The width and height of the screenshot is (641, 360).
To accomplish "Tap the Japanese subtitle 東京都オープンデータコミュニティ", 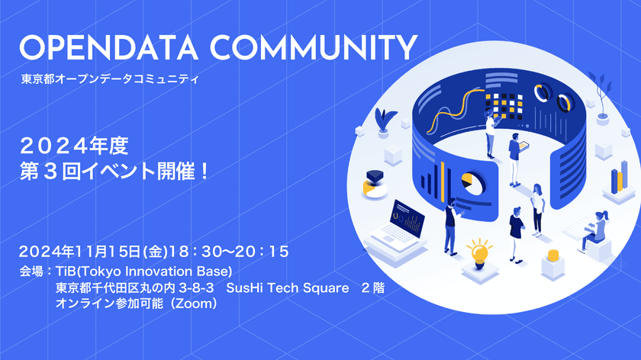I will pyautogui.click(x=110, y=79).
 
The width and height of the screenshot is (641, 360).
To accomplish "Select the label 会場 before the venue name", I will pyautogui.click(x=31, y=271).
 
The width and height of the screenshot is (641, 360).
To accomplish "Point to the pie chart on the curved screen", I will pyautogui.click(x=471, y=184).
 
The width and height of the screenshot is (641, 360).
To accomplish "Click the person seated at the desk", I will pyautogui.click(x=594, y=229).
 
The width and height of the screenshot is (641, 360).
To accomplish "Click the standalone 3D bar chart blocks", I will pyautogui.click(x=616, y=180).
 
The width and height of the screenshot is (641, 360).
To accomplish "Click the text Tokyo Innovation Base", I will pyautogui.click(x=175, y=271).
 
